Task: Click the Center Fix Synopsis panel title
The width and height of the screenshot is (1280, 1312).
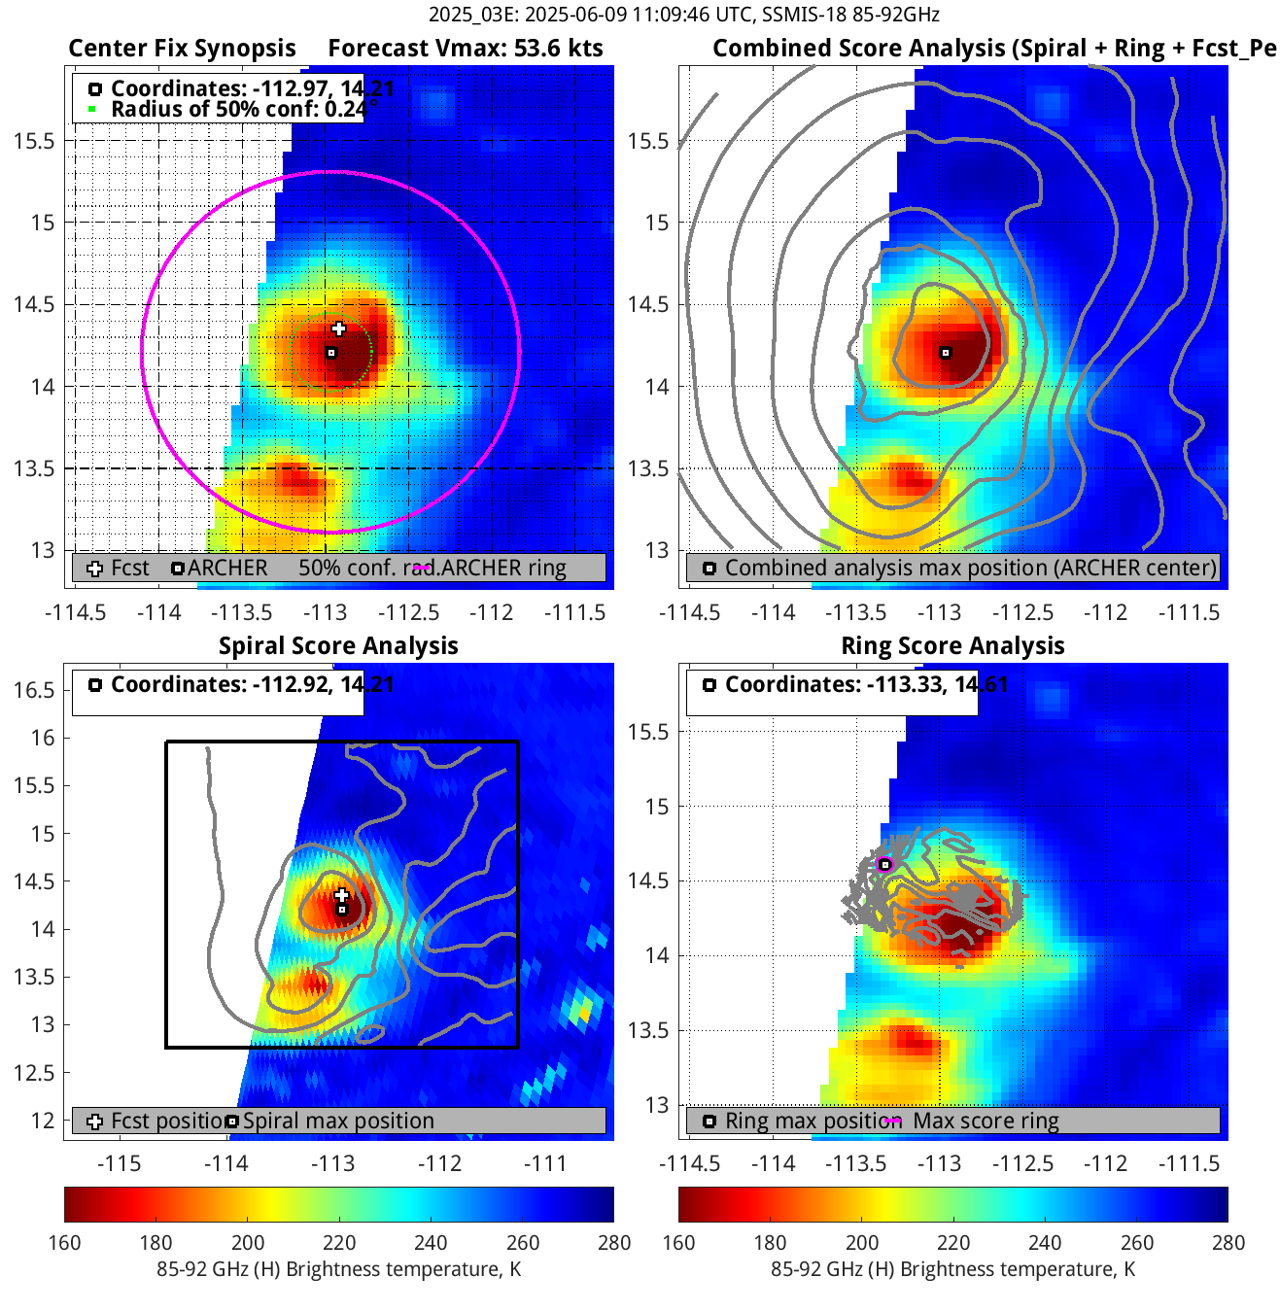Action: pos(182,49)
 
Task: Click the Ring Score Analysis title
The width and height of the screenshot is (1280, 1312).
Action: pos(952,646)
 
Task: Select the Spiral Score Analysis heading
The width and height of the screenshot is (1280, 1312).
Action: pos(338,646)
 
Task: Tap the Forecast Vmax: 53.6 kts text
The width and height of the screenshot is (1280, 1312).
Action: pos(465,49)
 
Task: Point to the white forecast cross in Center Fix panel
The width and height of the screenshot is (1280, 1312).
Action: pos(338,328)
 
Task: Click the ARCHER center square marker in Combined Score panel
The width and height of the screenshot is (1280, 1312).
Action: pos(945,353)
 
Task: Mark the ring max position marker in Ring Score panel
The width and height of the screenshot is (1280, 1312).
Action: pos(884,864)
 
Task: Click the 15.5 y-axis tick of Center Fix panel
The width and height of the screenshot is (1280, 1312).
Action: pos(33,141)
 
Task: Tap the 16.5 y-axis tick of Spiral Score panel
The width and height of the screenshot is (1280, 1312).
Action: pos(33,690)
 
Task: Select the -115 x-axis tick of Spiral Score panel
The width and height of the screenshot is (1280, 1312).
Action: pos(120,1163)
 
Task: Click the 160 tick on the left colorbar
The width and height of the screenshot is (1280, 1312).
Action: pos(64,1243)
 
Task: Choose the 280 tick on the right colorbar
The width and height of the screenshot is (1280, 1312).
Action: pos(1228,1243)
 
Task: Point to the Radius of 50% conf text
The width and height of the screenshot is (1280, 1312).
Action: pos(238,109)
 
